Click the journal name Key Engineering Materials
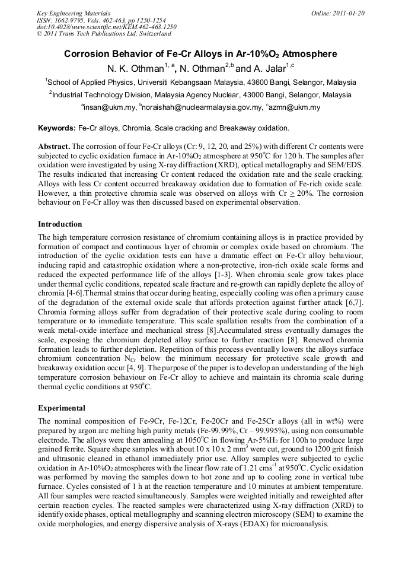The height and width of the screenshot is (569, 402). [74, 13]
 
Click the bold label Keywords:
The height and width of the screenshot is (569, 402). [57, 128]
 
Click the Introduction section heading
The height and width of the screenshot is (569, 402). [60, 224]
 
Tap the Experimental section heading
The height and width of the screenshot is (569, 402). [62, 408]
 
